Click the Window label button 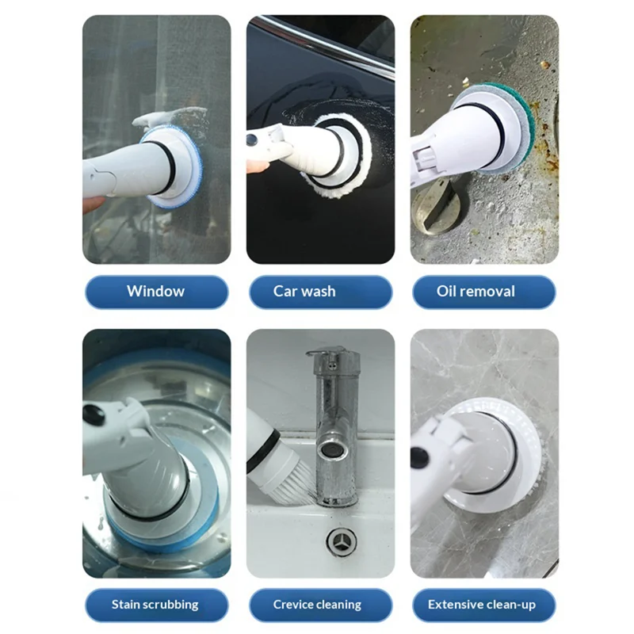pos(156,292)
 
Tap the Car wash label pos(321,292)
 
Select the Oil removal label pos(484,292)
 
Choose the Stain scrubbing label pos(156,605)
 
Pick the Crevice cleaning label pos(321,605)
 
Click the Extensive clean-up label pos(484,605)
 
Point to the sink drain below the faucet pos(342,540)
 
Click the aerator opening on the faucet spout pos(328,450)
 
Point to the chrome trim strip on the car pos(323,44)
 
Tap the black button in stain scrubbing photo pos(94,415)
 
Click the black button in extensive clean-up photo pos(421,458)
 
